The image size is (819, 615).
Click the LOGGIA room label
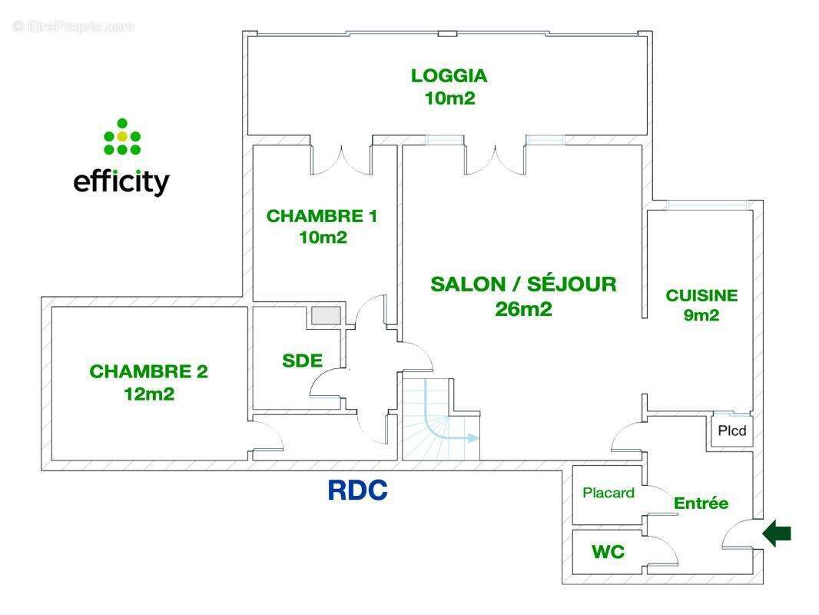point(449,76)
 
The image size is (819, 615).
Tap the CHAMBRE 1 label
point(322,216)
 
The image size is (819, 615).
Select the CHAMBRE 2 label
point(149,372)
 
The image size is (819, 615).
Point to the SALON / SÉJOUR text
point(523,284)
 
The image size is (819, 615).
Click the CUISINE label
point(701,295)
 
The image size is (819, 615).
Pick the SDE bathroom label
point(302,361)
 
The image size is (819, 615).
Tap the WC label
point(608,552)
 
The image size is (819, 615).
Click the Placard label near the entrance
point(608,493)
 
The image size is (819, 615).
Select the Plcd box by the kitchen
point(731,431)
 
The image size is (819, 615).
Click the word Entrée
point(701,504)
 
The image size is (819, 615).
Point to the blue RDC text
point(357,490)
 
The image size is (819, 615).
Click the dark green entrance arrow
point(777,534)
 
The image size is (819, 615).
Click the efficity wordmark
point(121,182)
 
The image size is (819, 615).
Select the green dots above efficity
point(121,137)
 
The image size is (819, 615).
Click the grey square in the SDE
point(325,314)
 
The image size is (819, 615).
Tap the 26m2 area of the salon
point(524,309)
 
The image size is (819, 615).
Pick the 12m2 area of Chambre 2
point(149,394)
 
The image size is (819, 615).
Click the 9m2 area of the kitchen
point(701,314)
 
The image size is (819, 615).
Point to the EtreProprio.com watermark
point(74,27)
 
